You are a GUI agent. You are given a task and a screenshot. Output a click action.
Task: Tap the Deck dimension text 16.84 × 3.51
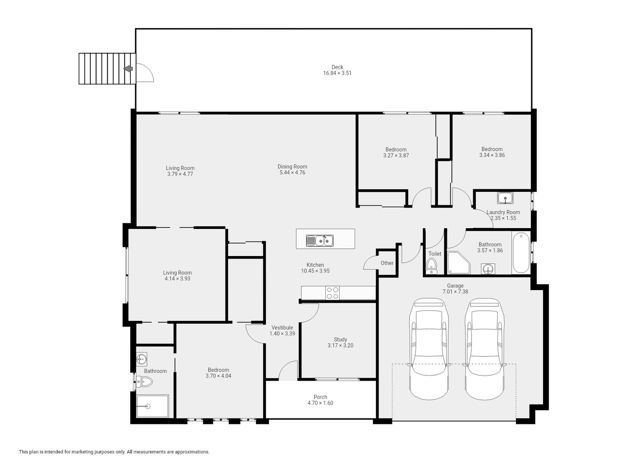pos(337,73)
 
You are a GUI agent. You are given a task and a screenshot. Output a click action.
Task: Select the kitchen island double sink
pos(320,240)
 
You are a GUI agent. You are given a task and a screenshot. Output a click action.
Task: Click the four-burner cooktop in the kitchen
pos(333,293)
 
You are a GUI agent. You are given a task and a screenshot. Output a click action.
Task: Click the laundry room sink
pos(505,198)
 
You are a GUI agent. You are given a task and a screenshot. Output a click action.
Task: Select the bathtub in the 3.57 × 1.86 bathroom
pos(521,253)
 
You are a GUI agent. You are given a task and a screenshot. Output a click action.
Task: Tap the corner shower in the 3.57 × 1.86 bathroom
pos(459,263)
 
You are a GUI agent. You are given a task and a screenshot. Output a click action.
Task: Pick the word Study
pos(341,340)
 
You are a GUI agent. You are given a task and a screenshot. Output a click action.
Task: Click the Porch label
pos(320,397)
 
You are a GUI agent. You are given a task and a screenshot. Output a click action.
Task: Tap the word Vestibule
pos(282,328)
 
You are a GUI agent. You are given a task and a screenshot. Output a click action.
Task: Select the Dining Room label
pos(292,167)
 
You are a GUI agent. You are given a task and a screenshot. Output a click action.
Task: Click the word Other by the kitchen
pos(387,263)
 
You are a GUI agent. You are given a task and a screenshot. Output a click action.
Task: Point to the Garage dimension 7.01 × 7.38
pos(455,292)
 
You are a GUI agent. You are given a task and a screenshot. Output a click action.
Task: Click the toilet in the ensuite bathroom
pos(144,382)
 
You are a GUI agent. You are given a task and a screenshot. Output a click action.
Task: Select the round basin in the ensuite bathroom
pos(142,359)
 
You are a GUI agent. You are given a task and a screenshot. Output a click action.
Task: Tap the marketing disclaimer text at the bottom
pos(114,452)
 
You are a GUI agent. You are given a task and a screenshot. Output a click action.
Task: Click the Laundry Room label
pos(503,212)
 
